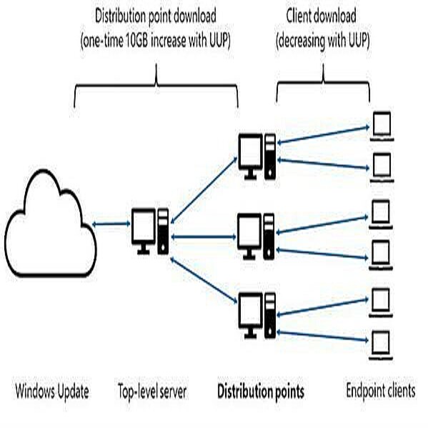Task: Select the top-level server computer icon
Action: coord(150,229)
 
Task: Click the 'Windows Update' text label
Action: coord(52,392)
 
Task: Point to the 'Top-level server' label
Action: coord(152,392)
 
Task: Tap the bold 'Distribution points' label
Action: coord(260,392)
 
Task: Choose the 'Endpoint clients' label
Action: coord(380,392)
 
